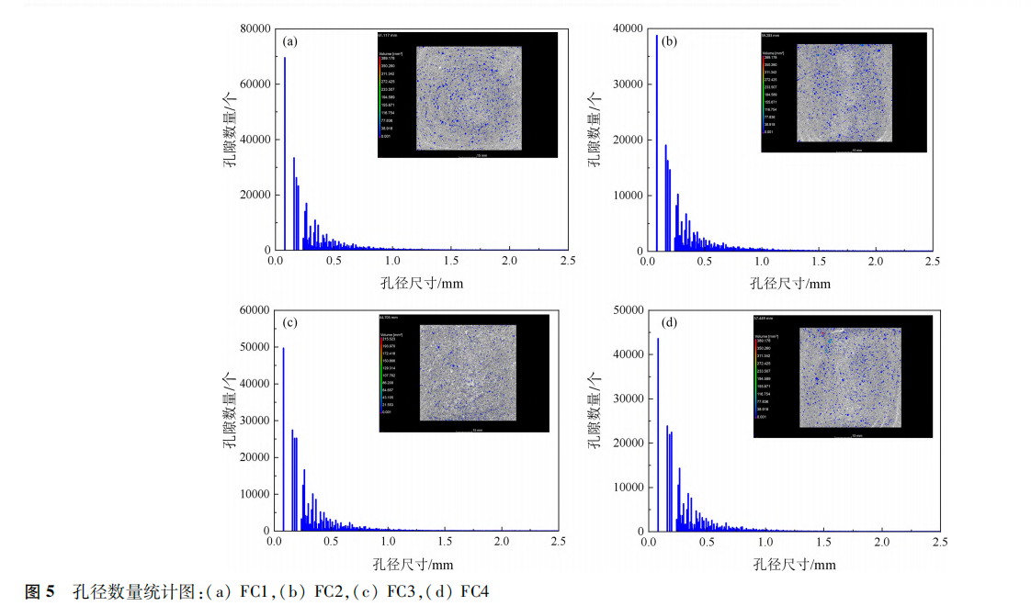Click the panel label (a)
point(290,41)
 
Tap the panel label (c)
point(290,322)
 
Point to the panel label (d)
point(669,322)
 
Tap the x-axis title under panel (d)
point(795,564)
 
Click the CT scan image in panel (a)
point(469,97)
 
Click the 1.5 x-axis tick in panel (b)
point(818,262)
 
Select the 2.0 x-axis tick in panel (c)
point(501,543)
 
